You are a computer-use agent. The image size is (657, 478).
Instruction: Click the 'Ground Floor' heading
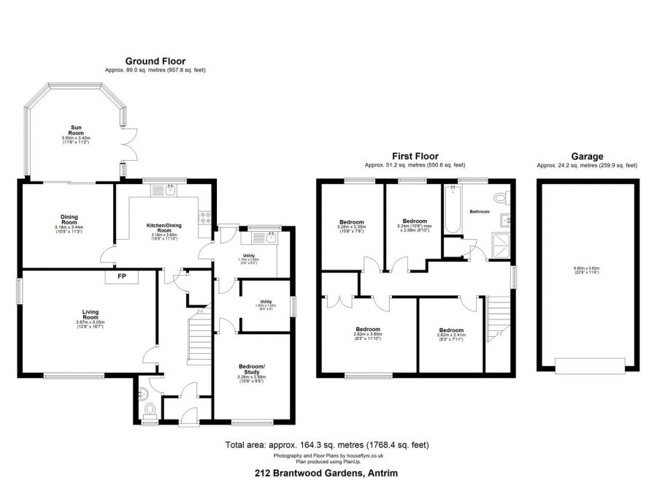[155, 61]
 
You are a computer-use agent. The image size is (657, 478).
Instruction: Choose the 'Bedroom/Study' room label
[252, 370]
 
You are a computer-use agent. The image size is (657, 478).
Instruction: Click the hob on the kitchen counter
[205, 216]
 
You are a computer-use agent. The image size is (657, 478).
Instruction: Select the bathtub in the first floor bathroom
[452, 210]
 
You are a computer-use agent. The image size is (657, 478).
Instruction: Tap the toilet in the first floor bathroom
[501, 197]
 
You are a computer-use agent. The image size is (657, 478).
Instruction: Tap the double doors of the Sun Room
[129, 145]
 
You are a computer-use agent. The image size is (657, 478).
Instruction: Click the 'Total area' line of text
[326, 444]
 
